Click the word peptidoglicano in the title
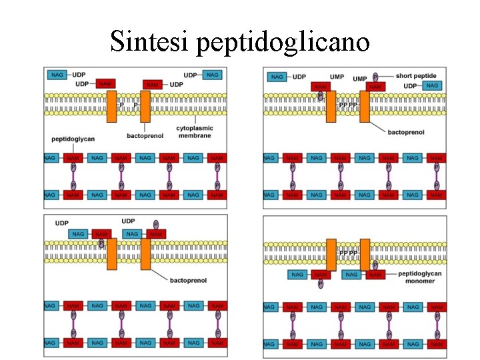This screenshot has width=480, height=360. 283,43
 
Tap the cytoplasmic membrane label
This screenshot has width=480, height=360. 193,131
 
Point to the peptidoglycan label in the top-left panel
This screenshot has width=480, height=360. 73,139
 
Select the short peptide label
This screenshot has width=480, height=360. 415,76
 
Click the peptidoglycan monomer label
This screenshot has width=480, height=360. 416,277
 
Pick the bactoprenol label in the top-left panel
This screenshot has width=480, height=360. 145,136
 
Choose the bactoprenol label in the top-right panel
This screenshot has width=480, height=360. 405,132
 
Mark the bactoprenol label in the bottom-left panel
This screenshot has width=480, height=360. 188,281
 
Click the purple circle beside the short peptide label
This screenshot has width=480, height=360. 375,77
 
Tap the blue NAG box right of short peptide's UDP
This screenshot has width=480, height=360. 432,86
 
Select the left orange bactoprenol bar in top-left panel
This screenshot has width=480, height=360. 111,107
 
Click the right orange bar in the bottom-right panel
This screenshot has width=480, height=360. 365,255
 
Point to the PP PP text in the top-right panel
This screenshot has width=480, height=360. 348,105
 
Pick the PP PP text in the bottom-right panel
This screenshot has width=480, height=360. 348,253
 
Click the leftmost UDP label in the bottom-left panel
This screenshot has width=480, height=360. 62,223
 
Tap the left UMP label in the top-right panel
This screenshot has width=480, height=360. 337,77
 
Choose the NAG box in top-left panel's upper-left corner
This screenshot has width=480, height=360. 57,75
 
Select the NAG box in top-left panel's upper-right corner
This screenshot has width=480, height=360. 212,75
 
